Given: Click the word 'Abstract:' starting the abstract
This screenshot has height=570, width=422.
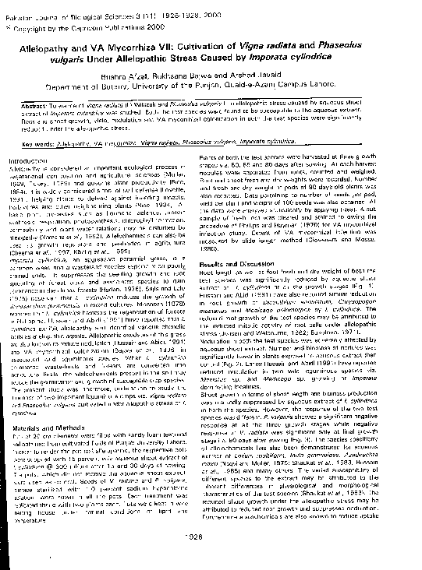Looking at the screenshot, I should (x=37, y=104).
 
